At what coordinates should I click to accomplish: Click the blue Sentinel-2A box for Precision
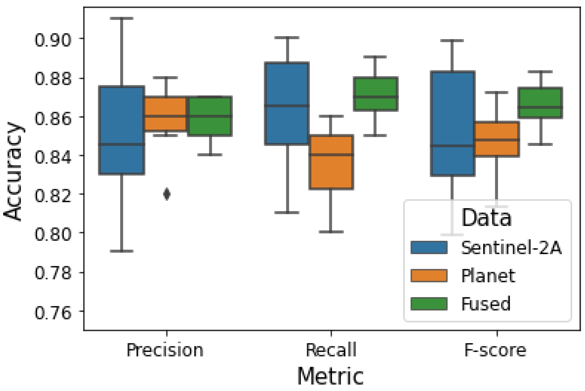pos(122,130)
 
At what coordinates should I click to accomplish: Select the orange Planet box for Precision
pos(165,114)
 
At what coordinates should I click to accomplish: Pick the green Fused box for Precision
pos(210,116)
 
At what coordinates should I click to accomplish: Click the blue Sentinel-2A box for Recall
pos(287,103)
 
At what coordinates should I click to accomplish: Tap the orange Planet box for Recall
pos(331,162)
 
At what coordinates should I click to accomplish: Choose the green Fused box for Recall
pos(375,94)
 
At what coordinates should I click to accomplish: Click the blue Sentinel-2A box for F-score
pos(452,124)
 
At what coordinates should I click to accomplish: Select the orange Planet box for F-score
pos(496,139)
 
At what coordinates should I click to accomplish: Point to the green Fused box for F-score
pos(540,103)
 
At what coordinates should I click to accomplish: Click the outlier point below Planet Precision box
pos(167,194)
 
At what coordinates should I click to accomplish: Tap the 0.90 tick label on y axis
pos(53,40)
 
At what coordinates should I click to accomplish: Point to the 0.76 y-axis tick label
pos(53,313)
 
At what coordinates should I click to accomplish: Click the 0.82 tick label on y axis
pos(53,196)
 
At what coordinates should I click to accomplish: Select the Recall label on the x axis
pos(331,350)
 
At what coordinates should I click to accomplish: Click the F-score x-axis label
pos(495,350)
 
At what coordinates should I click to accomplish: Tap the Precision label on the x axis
pos(165,350)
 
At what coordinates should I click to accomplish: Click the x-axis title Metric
pos(330,376)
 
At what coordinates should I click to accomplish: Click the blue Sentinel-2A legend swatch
pos(429,247)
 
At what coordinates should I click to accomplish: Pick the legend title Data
pos(486,217)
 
